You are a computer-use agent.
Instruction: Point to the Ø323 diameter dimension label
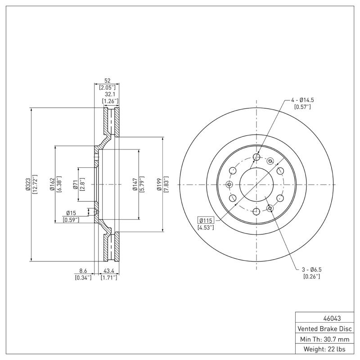tap(27, 184)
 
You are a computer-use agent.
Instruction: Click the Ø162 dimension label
tap(52, 184)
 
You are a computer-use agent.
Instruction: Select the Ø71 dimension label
tap(75, 184)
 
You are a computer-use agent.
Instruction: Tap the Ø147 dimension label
tap(135, 184)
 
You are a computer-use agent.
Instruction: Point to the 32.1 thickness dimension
tap(109, 94)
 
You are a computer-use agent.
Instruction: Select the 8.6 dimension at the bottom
tap(83, 271)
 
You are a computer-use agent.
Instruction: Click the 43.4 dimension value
tap(108, 271)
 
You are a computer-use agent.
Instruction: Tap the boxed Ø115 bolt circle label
tap(206, 220)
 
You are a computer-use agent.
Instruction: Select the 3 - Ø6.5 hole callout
tap(311, 269)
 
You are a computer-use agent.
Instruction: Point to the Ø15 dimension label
tap(71, 212)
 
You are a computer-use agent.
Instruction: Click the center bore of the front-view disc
tap(256, 184)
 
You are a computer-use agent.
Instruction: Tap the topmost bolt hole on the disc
tap(256, 157)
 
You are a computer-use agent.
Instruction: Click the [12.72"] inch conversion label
tap(35, 184)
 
